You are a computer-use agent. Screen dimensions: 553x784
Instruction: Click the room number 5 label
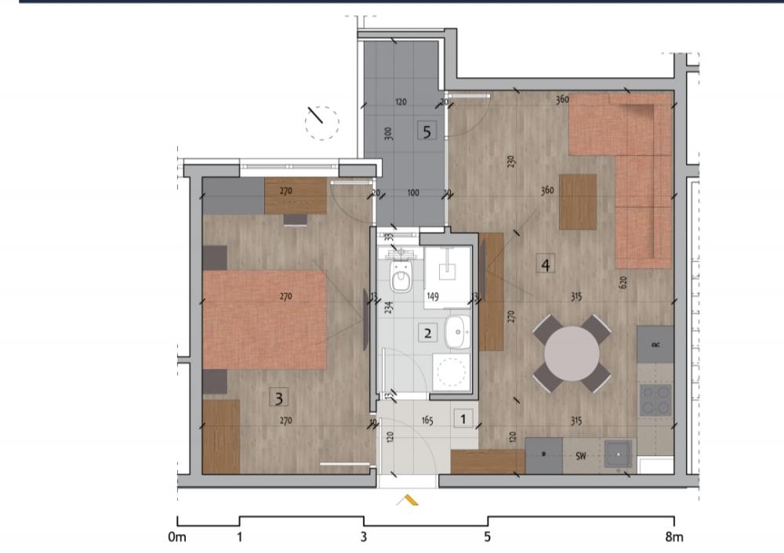426,131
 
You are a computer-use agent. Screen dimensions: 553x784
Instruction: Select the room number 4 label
546,264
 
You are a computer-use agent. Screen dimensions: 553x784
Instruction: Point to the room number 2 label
427,333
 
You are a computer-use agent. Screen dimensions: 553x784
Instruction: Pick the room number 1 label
464,420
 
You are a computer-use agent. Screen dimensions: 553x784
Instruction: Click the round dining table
572,353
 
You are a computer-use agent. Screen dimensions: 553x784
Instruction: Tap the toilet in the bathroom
401,276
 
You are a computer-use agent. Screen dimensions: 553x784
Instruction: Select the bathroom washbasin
456,333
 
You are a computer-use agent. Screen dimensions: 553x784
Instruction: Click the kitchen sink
618,454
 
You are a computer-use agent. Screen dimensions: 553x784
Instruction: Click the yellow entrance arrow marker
408,500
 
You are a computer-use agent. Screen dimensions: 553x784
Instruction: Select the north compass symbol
321,121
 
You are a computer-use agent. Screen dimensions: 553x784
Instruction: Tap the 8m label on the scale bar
673,537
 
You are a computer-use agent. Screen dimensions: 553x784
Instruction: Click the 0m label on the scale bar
177,537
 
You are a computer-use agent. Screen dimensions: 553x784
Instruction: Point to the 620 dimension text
623,282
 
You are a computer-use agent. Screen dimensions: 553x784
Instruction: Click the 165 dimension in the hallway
427,421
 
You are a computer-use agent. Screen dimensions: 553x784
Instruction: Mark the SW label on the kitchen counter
581,455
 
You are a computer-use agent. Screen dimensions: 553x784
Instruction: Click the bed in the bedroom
264,319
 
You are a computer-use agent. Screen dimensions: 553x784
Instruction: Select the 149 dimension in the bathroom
432,297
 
